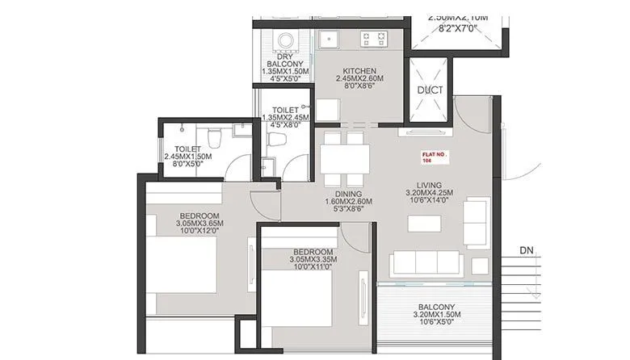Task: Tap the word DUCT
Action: click(430, 90)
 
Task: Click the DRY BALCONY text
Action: click(283, 61)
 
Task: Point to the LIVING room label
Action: click(429, 184)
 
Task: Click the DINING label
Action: click(347, 193)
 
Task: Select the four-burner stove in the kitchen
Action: click(376, 38)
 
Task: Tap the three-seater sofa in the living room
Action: click(426, 264)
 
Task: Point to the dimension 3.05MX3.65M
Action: click(199, 225)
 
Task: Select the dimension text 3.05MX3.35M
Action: click(313, 260)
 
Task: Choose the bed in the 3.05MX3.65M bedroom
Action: click(184, 262)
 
